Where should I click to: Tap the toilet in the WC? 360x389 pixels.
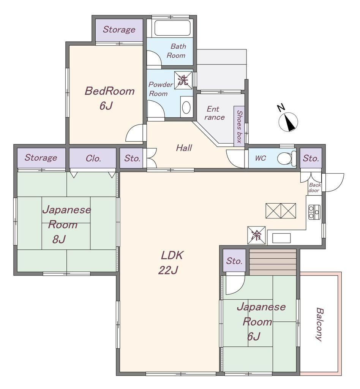click(287, 158)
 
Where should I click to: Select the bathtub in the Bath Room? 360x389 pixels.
click(172, 28)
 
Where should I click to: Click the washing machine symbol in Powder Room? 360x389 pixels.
click(183, 80)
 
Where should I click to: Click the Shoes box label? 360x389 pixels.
click(239, 127)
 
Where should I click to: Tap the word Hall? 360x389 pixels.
click(184, 148)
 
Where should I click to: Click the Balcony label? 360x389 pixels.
click(320, 324)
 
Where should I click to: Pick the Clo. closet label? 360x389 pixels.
click(93, 158)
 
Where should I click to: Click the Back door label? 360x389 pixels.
click(314, 188)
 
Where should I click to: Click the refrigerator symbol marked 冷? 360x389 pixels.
click(256, 235)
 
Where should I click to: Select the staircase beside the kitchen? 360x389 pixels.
click(273, 262)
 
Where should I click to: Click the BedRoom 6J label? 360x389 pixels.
click(109, 98)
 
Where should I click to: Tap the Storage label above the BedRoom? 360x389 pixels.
click(119, 30)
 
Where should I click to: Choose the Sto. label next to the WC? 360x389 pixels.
click(311, 158)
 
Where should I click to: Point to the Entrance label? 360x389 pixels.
click(215, 113)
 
